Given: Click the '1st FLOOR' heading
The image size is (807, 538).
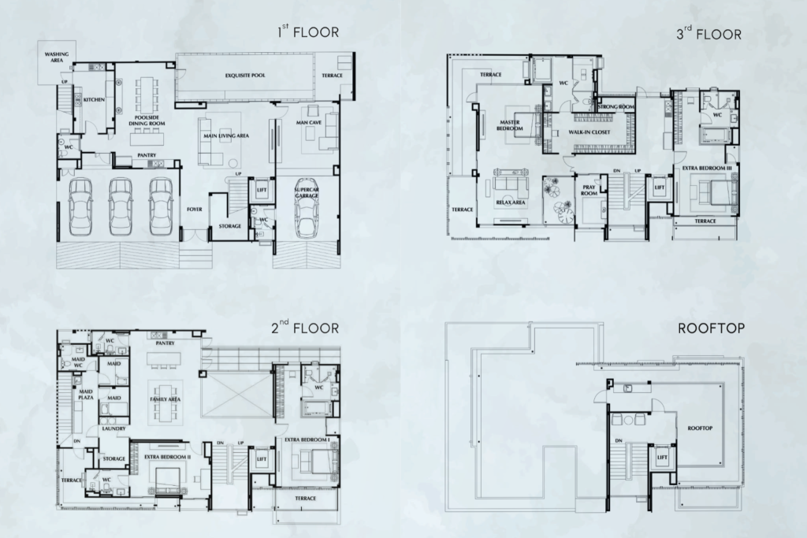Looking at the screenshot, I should click(307, 33).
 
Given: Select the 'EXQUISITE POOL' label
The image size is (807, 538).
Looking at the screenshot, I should click(247, 75).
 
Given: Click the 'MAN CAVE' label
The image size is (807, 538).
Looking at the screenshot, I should click(307, 123).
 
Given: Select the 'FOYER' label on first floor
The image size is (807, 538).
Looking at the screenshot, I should click(194, 210).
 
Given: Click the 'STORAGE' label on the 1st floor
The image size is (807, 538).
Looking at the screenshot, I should click(229, 226).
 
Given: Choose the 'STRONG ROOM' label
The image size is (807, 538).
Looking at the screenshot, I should click(616, 106).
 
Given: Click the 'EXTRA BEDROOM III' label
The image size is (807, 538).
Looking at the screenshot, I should click(708, 169).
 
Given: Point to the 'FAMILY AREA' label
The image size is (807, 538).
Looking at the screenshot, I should click(165, 399).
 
